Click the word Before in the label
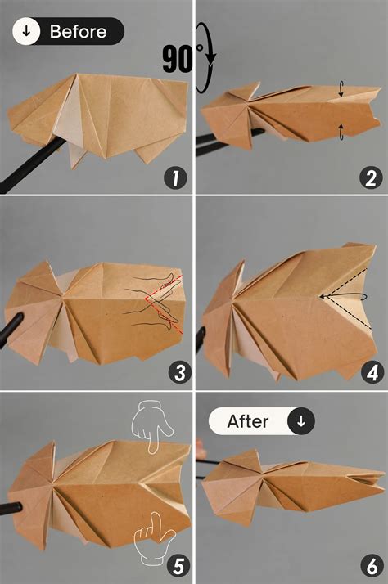[x=78, y=32]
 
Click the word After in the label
[x=248, y=422]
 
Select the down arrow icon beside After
[x=301, y=422]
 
